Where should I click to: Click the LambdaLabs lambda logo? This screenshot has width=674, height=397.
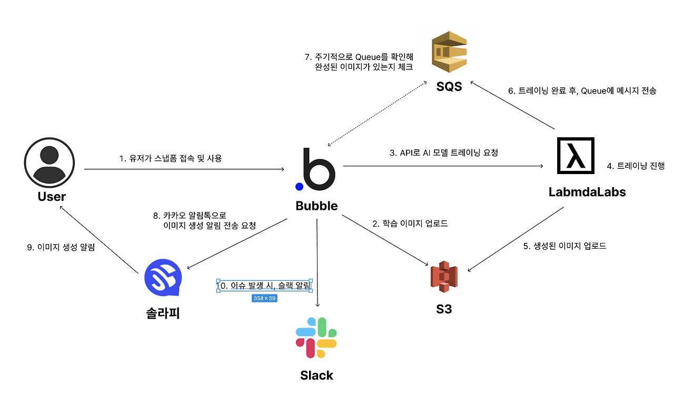click(576, 156)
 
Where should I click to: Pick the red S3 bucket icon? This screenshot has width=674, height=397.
click(444, 276)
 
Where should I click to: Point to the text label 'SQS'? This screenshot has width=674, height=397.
click(449, 87)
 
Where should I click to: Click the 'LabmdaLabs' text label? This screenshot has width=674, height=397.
click(587, 192)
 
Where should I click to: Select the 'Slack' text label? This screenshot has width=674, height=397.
click(316, 375)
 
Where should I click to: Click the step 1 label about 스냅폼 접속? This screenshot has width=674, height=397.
click(171, 158)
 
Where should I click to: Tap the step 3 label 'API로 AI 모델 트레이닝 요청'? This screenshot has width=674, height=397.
click(443, 153)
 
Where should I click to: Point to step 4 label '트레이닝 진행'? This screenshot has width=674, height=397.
click(635, 166)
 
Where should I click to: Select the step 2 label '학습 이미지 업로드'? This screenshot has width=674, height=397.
click(410, 223)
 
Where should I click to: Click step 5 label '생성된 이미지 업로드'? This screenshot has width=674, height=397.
click(564, 246)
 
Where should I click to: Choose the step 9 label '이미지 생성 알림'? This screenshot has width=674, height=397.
click(61, 247)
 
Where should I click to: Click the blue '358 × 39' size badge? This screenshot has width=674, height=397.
click(264, 298)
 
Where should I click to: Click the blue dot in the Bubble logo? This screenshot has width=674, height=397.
click(299, 186)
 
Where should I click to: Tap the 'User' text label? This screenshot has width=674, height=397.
click(52, 197)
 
